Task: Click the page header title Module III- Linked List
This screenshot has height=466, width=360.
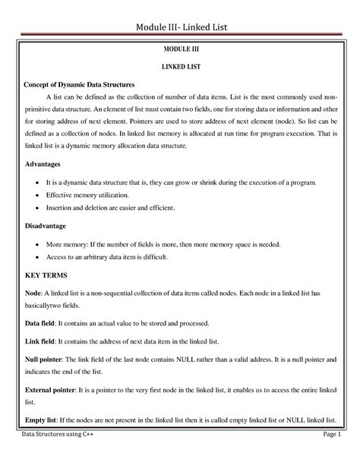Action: (x=179, y=29)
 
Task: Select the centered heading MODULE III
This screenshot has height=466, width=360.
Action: (x=180, y=49)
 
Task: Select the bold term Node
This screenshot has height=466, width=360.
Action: (x=33, y=293)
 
